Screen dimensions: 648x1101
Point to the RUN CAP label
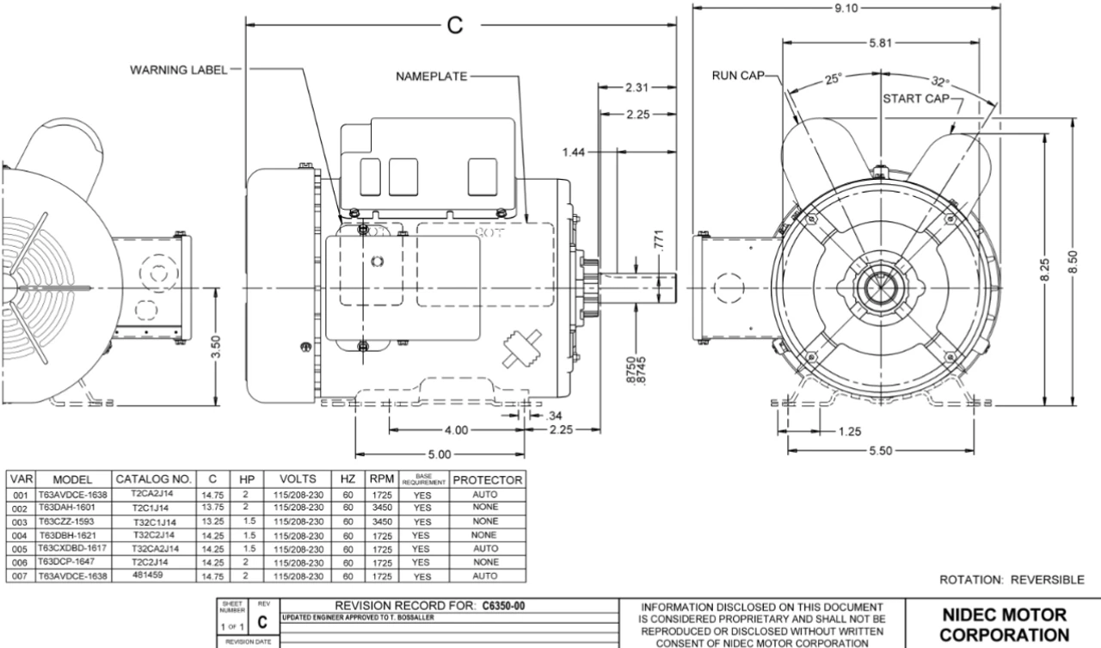tap(738, 77)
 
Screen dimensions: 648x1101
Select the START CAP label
tap(914, 97)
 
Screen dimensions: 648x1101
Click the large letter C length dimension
tap(455, 25)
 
